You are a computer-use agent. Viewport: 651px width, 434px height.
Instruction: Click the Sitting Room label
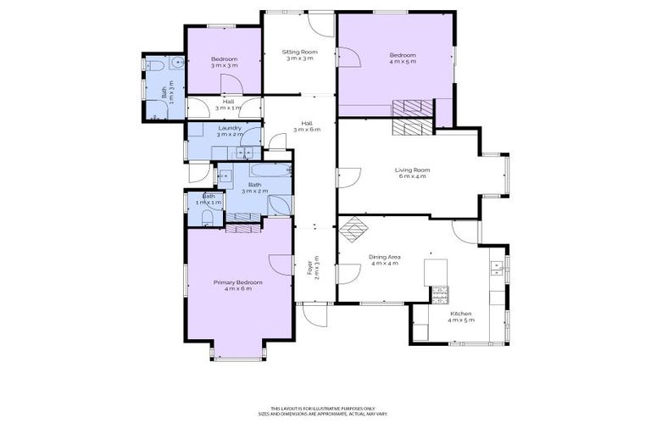[x=299, y=55]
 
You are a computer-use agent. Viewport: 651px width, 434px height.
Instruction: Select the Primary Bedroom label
[x=237, y=286]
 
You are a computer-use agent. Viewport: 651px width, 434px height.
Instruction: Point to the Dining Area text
[x=384, y=259]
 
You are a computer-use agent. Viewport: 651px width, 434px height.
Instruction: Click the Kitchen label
[x=460, y=316]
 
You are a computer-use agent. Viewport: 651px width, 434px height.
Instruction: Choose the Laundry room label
[x=230, y=131]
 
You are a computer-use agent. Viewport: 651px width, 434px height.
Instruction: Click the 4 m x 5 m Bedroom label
[x=403, y=58]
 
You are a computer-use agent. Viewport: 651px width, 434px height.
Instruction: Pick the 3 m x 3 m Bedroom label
[x=224, y=61]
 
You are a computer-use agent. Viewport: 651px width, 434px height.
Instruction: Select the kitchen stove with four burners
[x=440, y=294]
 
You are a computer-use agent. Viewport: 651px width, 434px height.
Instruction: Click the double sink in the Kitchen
[x=497, y=269]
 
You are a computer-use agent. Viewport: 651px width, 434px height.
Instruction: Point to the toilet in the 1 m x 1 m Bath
[x=208, y=217]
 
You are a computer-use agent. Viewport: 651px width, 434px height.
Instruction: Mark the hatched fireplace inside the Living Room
[x=413, y=128]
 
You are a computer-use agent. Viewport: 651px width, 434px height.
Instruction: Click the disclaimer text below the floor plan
[x=325, y=409]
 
